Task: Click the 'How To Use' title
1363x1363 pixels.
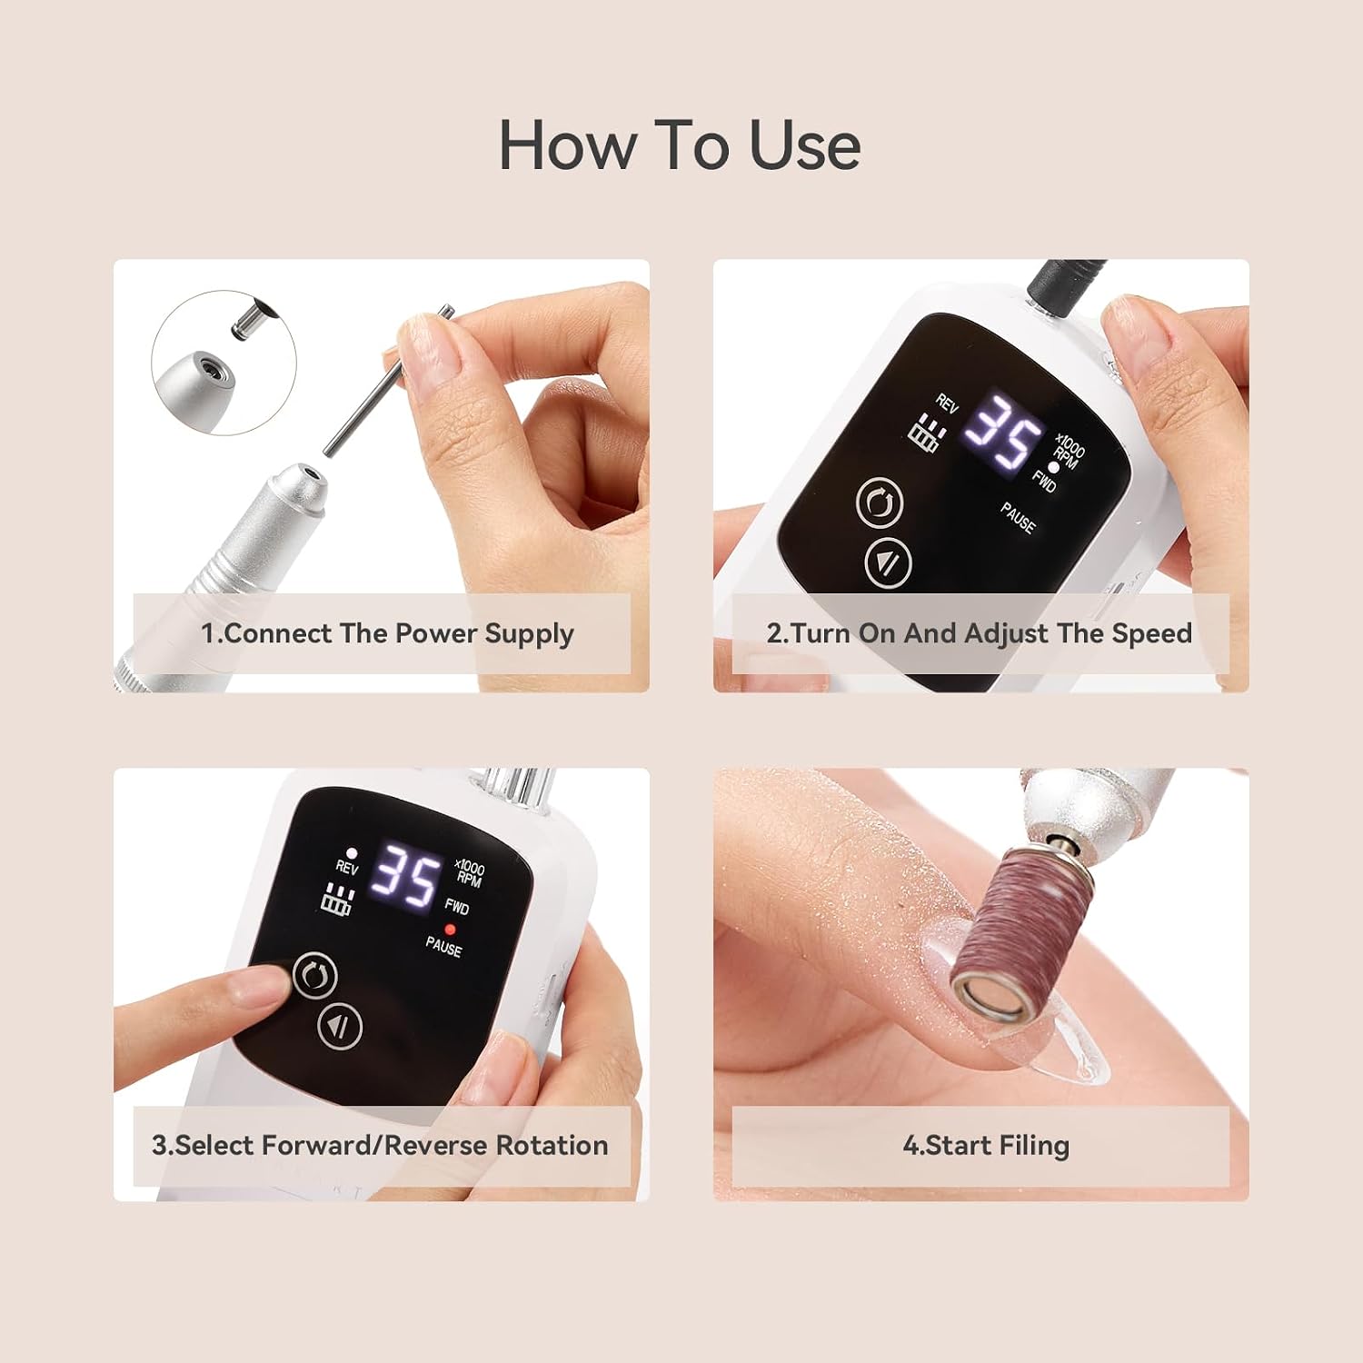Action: pyautogui.click(x=680, y=145)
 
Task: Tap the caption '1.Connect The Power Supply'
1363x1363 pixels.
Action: pyautogui.click(x=387, y=633)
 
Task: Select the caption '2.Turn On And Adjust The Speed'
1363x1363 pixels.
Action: pyautogui.click(x=979, y=633)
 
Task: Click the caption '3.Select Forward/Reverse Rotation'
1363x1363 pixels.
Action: pyautogui.click(x=380, y=1145)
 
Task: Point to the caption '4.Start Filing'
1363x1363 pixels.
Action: pyautogui.click(x=986, y=1145)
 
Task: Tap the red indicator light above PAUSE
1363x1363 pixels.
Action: pyautogui.click(x=449, y=930)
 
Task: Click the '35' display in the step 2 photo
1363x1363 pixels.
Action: pyautogui.click(x=1003, y=433)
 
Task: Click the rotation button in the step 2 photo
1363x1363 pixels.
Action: pyautogui.click(x=880, y=502)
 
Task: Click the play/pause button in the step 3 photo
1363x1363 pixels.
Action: pyautogui.click(x=340, y=1027)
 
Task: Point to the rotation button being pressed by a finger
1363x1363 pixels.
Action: pyautogui.click(x=314, y=976)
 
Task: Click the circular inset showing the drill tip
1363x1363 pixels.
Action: pyautogui.click(x=224, y=363)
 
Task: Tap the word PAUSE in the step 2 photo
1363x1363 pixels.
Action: pyautogui.click(x=1018, y=517)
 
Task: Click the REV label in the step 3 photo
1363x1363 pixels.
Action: pyautogui.click(x=347, y=867)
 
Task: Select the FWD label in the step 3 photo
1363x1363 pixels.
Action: pyautogui.click(x=456, y=907)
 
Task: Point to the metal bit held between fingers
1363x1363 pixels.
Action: pyautogui.click(x=388, y=381)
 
